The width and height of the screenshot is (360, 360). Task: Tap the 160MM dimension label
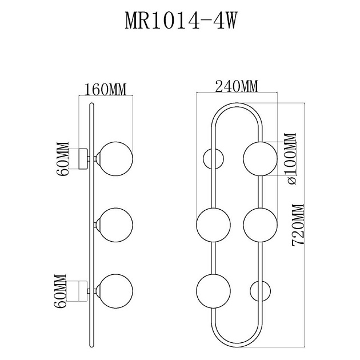pos(105,89)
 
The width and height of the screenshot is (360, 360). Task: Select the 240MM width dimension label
pos(236,86)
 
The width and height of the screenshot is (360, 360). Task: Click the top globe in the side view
pos(115,158)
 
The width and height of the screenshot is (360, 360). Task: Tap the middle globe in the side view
pos(115,223)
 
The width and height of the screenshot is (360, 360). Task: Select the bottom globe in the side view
pos(115,290)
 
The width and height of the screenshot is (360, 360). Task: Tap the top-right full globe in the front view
pos(260,158)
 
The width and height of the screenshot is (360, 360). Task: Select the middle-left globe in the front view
pos(213,224)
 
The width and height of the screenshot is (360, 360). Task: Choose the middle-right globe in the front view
pos(260,224)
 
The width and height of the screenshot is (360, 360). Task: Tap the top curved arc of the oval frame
pos(237,105)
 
